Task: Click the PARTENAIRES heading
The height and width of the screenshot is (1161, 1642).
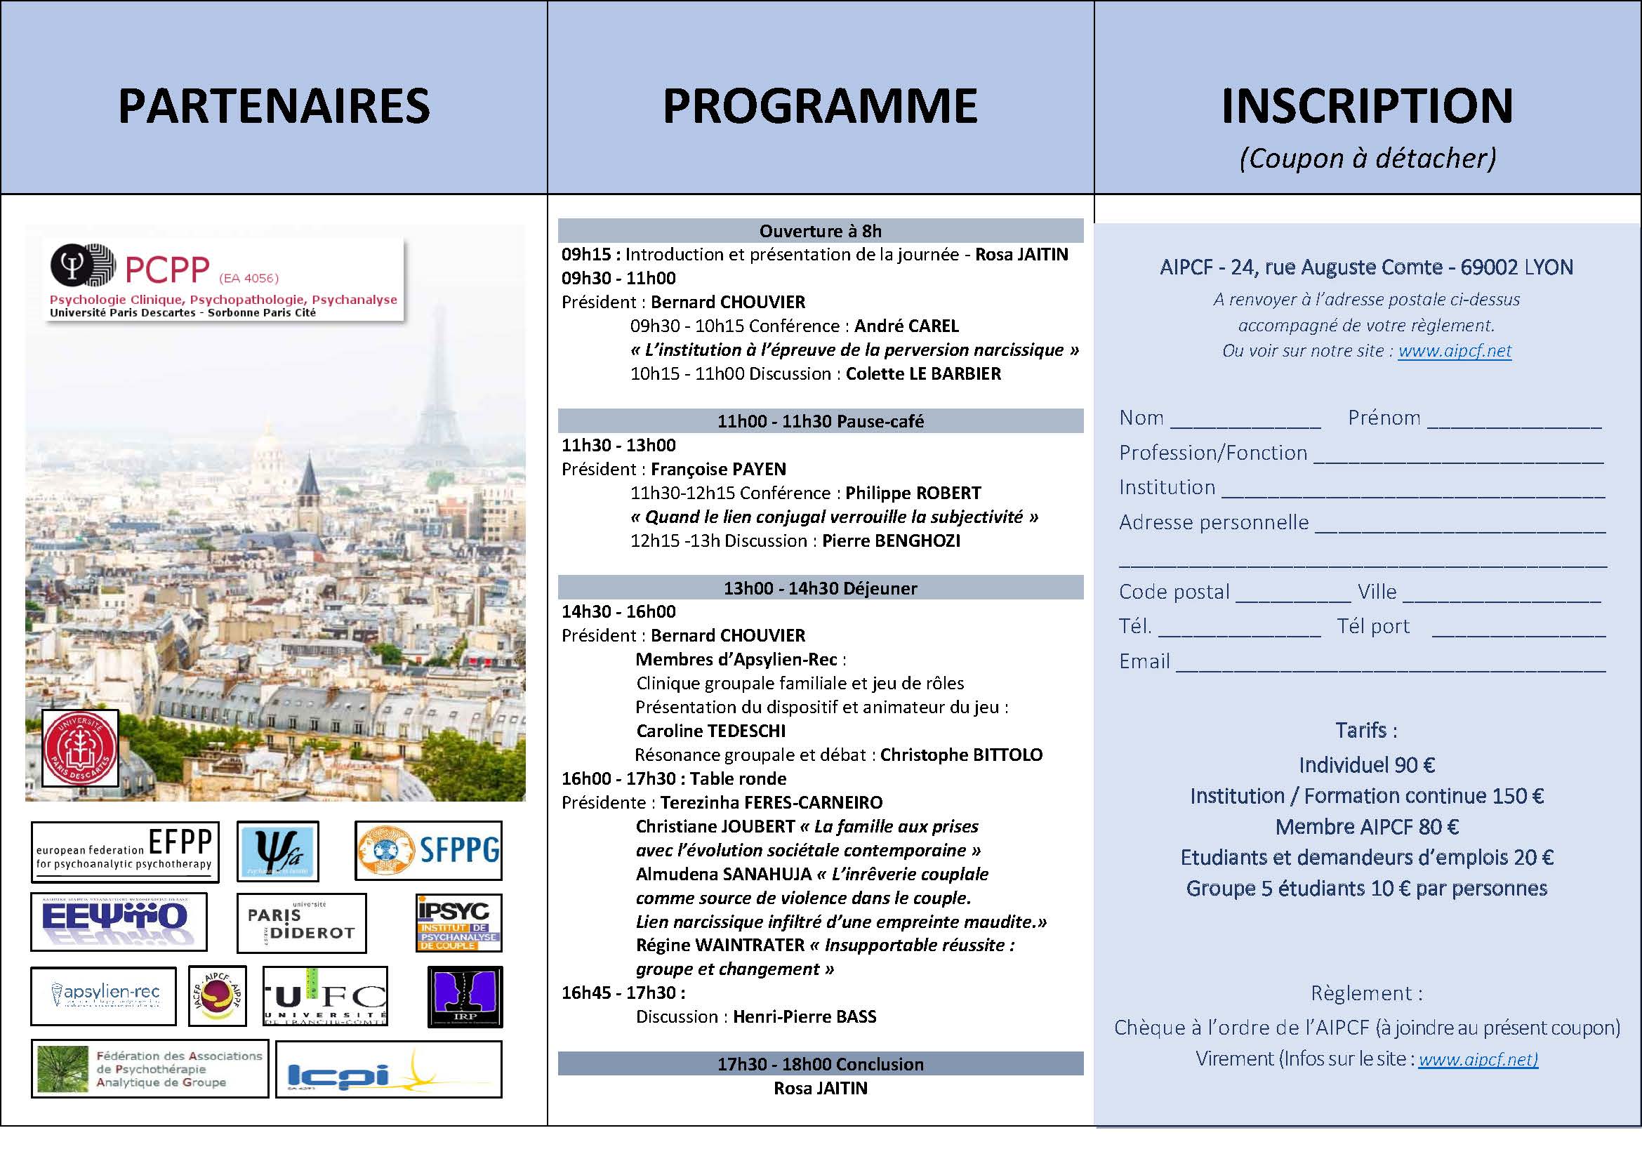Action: click(274, 107)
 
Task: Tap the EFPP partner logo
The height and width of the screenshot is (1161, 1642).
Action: click(124, 851)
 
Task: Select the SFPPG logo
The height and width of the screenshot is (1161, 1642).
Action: click(428, 850)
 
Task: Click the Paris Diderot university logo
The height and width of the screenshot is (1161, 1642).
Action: click(301, 923)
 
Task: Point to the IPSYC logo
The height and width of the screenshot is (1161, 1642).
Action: click(459, 923)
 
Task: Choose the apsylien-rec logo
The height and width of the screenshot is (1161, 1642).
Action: click(103, 996)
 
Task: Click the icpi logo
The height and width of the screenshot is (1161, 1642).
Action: click(388, 1070)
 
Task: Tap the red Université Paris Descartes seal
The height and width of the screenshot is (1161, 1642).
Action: click(80, 748)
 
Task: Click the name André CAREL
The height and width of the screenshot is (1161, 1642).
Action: click(906, 326)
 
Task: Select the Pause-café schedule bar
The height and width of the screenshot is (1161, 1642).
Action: click(820, 421)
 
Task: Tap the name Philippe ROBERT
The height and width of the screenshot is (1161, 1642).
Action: click(913, 493)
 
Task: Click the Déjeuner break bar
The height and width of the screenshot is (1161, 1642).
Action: click(820, 588)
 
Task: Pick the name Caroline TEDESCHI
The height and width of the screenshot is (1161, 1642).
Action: click(711, 731)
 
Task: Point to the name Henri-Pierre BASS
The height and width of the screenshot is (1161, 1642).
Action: click(805, 1016)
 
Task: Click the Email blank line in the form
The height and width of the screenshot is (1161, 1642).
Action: click(1390, 665)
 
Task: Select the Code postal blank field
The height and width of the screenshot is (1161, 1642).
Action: click(1292, 595)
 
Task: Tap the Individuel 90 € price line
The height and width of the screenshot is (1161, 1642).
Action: click(1367, 765)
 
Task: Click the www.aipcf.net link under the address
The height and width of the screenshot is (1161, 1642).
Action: click(1455, 351)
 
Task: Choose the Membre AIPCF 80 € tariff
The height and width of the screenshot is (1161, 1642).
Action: click(1367, 826)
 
